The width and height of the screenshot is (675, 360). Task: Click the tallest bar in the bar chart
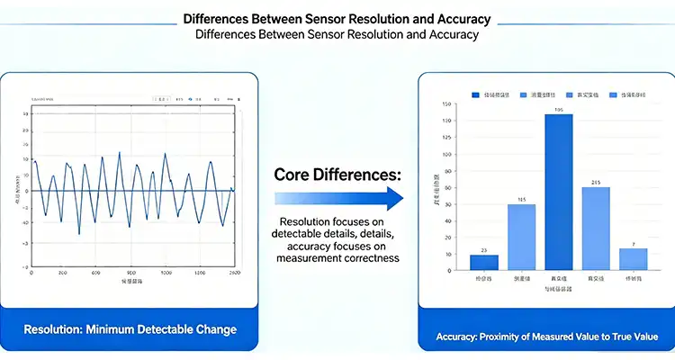pos(559,192)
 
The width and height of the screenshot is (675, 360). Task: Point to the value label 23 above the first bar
pos(483,249)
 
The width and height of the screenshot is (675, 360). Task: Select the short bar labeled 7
pos(634,259)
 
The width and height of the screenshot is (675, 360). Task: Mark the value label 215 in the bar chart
pos(596,182)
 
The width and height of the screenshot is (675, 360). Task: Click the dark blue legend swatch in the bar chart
pos(476,94)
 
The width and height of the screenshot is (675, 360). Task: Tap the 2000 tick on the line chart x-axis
pos(234,273)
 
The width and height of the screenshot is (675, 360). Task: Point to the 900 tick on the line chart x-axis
pos(131,273)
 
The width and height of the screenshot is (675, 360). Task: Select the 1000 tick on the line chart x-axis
pos(166,273)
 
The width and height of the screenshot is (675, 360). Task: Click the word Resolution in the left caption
pos(54,329)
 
